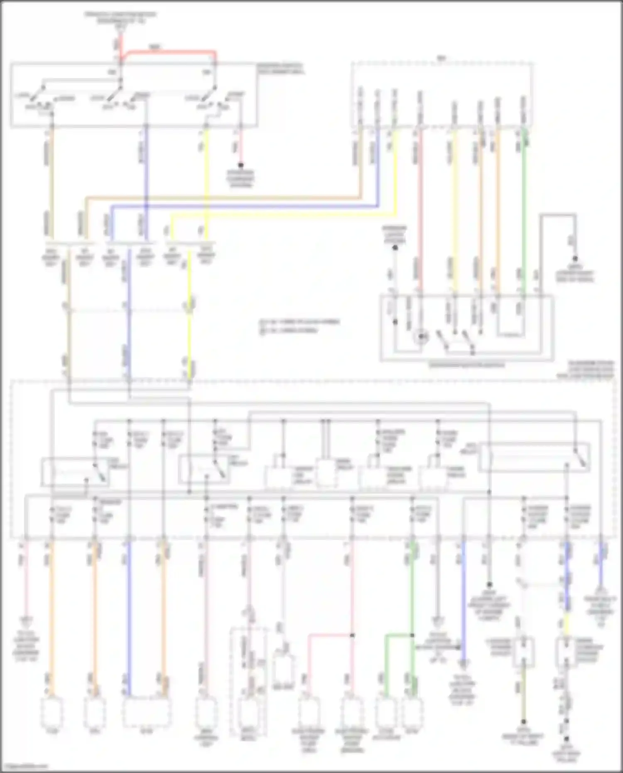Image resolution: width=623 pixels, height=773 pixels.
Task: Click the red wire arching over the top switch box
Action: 170,52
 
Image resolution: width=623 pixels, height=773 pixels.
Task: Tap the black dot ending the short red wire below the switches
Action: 240,165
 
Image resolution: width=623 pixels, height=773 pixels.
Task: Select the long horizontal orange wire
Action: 224,197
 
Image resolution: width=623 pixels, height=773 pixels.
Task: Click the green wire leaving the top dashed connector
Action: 524,208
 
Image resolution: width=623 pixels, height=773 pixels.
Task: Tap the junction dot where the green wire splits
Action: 412,636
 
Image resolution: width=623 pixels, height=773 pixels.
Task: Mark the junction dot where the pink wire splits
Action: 352,636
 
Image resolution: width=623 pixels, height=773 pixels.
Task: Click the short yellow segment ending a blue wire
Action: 567,623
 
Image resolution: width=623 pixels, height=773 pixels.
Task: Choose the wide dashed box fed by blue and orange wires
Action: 146,712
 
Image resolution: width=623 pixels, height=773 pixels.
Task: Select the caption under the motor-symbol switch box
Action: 466,366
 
